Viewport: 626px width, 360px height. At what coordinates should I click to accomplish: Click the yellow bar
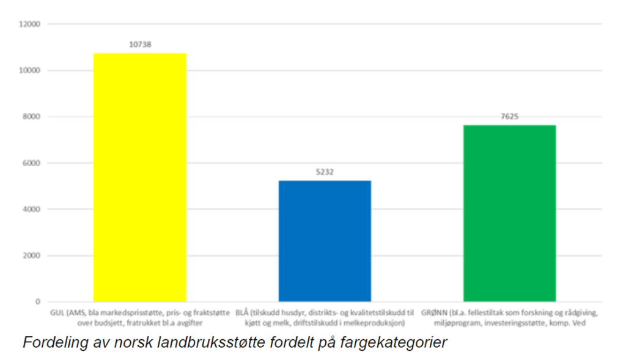click(x=139, y=177)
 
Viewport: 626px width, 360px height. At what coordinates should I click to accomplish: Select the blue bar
click(x=325, y=241)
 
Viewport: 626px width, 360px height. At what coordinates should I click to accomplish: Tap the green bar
click(x=509, y=213)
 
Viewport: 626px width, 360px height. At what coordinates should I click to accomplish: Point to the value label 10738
click(x=139, y=44)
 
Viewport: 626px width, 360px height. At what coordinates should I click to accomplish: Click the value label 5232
click(x=325, y=172)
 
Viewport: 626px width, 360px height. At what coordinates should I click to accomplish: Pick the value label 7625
click(x=509, y=116)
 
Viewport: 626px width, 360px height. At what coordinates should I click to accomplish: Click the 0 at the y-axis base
click(x=37, y=302)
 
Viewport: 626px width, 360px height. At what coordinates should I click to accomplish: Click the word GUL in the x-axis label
click(x=56, y=312)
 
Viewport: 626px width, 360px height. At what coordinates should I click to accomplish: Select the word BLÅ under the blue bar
click(x=242, y=312)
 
